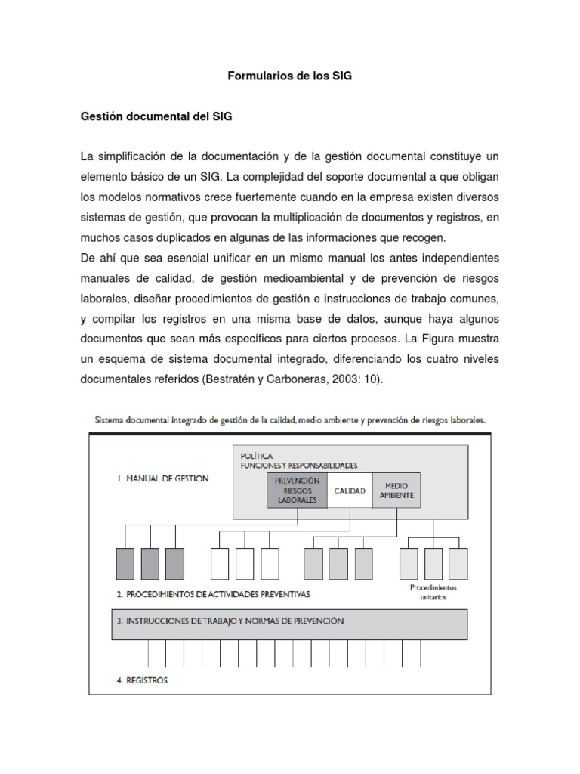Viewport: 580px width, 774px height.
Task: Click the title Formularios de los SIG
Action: pyautogui.click(x=289, y=76)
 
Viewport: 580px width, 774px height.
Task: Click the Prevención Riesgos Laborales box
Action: pyautogui.click(x=297, y=491)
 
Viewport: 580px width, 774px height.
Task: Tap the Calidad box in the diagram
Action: pyautogui.click(x=350, y=491)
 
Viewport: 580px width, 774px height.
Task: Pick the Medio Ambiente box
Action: pyautogui.click(x=396, y=491)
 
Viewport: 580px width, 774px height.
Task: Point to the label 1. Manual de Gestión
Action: pyautogui.click(x=163, y=478)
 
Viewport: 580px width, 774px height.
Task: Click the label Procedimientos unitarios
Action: pyautogui.click(x=433, y=592)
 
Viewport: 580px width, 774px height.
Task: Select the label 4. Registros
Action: pyautogui.click(x=143, y=680)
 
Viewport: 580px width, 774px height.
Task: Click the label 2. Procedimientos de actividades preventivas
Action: pyautogui.click(x=213, y=594)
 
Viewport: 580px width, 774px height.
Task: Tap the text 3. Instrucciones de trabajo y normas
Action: pyautogui.click(x=230, y=621)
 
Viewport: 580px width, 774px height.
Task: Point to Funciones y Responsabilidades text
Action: pyautogui.click(x=298, y=466)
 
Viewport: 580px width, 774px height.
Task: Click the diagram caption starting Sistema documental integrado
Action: pyautogui.click(x=288, y=417)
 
